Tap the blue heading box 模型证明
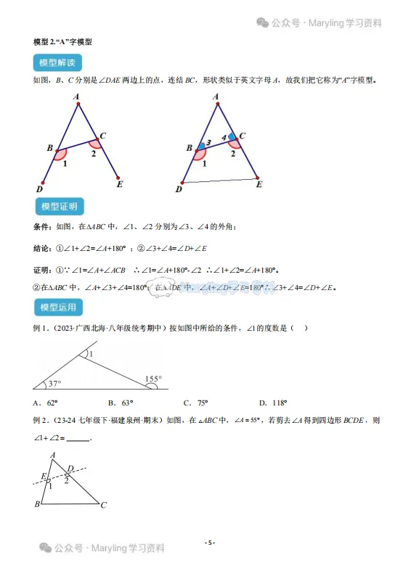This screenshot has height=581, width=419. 59,207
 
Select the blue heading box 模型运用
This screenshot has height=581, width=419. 59,308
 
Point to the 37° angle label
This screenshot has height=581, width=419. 54,384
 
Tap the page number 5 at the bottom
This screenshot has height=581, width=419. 209,542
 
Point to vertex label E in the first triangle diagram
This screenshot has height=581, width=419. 120,184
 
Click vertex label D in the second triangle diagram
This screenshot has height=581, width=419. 179,189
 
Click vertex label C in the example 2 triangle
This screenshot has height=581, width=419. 105,505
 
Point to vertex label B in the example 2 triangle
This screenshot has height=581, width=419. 37,505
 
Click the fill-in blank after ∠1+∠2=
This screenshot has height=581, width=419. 78,437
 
